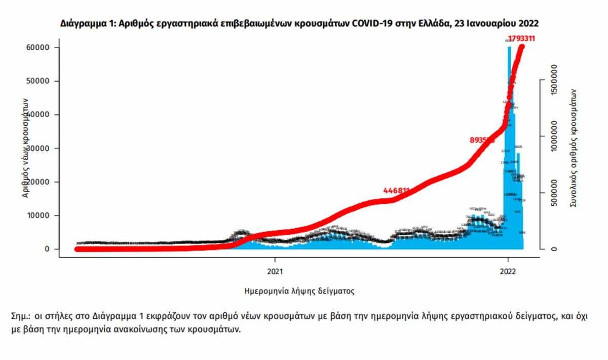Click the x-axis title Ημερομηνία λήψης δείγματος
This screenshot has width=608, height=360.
[299, 291]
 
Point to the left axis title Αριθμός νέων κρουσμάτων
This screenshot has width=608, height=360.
[25, 147]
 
